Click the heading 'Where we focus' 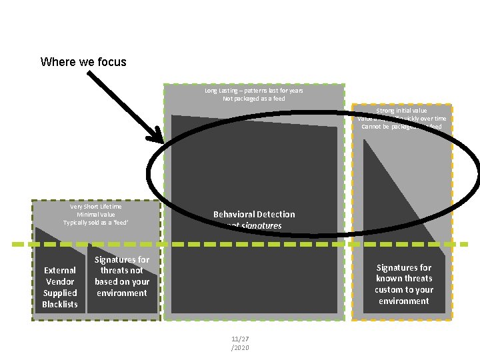coord(83,62)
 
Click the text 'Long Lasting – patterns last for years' coord(253,91)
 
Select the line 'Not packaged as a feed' coord(253,99)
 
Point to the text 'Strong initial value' coord(401,111)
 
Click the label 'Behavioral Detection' coord(254,214)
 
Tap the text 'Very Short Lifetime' coord(96,207)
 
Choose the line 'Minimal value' coord(96,215)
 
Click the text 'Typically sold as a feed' coord(96,222)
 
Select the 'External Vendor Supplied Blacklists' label coord(60,287)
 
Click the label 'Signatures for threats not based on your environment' coord(122,276)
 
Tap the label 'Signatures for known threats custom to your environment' coord(404,284)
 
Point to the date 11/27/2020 coord(239,343)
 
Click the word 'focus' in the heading coord(112,62)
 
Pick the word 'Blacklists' coord(60,304)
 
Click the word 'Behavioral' coord(234,214)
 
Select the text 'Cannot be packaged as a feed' coord(401,126)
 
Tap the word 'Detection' coord(276,214)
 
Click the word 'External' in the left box coord(60,270)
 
